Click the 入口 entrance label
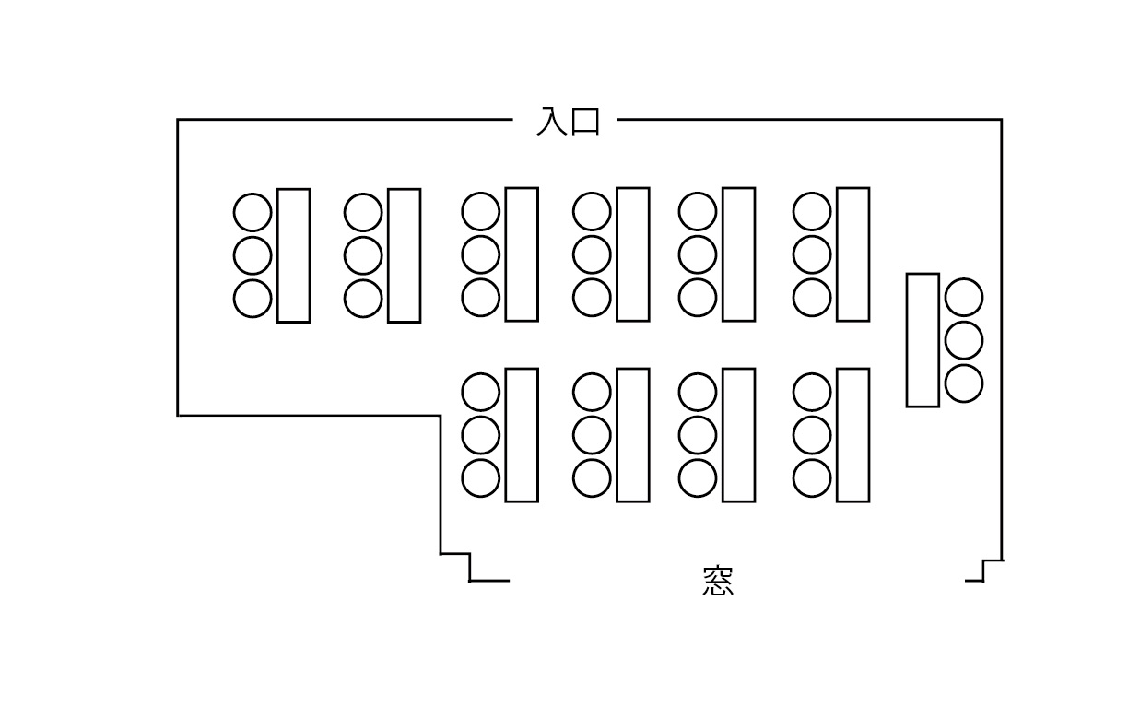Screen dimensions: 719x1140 point(569,121)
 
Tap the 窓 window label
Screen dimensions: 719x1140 point(718,582)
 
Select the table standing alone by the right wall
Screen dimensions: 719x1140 point(923,339)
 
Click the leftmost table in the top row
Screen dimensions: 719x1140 point(293,255)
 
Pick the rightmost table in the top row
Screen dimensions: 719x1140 point(852,254)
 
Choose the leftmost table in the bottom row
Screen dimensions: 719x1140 point(522,435)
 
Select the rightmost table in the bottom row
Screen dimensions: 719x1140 point(852,435)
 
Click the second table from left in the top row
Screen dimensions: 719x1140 point(404,255)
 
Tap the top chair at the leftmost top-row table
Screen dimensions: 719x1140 point(253,212)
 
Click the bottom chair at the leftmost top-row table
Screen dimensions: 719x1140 point(253,299)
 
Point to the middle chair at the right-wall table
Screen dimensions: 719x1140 point(964,340)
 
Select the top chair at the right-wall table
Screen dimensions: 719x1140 point(964,297)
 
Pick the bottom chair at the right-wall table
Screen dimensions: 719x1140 point(964,383)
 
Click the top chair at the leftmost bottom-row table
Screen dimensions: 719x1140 point(480,392)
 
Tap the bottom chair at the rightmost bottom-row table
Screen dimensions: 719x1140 point(812,478)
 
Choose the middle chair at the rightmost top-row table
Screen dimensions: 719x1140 point(812,254)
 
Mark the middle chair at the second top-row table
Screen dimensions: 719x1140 point(363,255)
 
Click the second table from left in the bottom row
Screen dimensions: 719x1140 point(632,435)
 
